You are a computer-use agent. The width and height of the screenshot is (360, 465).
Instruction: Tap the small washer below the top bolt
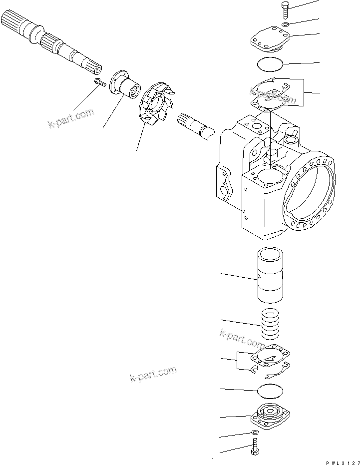point(284,24)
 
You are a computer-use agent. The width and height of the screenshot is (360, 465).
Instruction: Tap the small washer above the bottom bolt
point(254,433)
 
